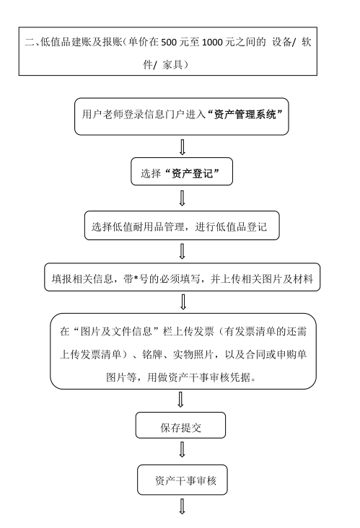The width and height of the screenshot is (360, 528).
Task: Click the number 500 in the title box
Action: click(169, 43)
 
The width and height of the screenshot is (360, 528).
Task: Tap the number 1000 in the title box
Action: click(212, 43)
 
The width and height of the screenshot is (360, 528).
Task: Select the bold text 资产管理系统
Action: click(245, 115)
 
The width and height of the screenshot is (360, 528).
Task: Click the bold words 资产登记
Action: click(192, 173)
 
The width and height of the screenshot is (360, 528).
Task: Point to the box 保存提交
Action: click(180, 426)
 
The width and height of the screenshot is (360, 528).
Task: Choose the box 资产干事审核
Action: click(183, 480)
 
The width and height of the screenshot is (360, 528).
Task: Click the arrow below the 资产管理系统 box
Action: click(183, 147)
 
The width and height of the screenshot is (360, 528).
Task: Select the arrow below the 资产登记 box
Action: click(183, 198)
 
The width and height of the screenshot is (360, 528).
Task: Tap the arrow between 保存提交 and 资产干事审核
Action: click(182, 450)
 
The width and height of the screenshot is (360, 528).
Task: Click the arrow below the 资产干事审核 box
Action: click(182, 506)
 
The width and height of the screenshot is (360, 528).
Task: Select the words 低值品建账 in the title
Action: click(66, 42)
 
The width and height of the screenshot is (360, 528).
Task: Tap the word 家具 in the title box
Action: click(172, 64)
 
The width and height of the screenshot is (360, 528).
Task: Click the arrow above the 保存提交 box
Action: click(181, 400)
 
